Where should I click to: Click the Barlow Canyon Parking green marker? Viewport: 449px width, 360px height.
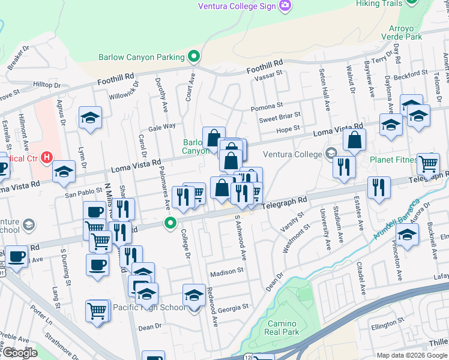pyautogui.click(x=194, y=57)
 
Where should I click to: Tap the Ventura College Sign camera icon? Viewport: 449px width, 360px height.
pyautogui.click(x=285, y=5)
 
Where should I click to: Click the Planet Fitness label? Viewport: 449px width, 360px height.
pyautogui.click(x=393, y=160)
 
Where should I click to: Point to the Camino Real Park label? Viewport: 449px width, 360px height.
pyautogui.click(x=282, y=328)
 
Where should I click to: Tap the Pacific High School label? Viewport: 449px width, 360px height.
pyautogui.click(x=149, y=307)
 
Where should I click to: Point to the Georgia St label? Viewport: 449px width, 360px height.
pyautogui.click(x=233, y=307)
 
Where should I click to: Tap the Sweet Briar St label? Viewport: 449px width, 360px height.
pyautogui.click(x=279, y=118)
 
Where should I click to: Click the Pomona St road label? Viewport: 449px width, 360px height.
pyautogui.click(x=267, y=107)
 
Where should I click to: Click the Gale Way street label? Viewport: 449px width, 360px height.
pyautogui.click(x=161, y=127)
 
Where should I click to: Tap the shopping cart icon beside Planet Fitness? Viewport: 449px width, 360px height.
pyautogui.click(x=428, y=163)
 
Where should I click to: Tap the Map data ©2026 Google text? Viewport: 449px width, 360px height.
pyautogui.click(x=411, y=355)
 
